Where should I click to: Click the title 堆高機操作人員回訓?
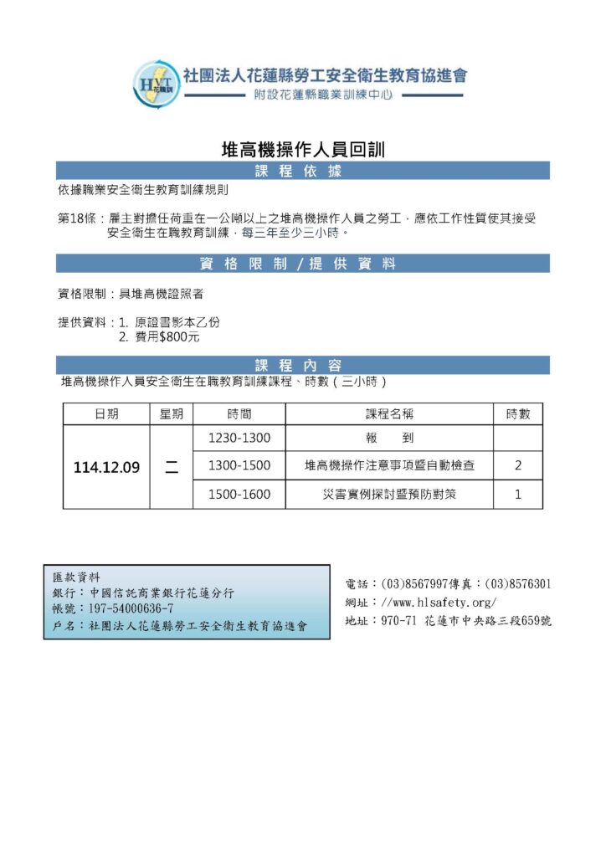[302, 150]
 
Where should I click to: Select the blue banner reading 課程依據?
[302, 171]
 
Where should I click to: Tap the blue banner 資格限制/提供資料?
[302, 264]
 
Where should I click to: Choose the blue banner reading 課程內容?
[302, 365]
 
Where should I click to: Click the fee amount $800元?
[173, 337]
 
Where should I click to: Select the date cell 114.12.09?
[106, 468]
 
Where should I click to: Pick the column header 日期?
[106, 414]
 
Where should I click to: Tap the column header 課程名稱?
[389, 414]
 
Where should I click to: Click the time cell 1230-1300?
[239, 439]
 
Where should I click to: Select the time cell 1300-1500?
[239, 466]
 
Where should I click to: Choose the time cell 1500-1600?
[239, 495]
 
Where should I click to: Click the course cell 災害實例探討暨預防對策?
[389, 495]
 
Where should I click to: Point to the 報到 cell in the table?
[389, 439]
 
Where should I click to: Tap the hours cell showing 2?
[518, 466]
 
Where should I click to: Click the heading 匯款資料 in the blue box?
[76, 577]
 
